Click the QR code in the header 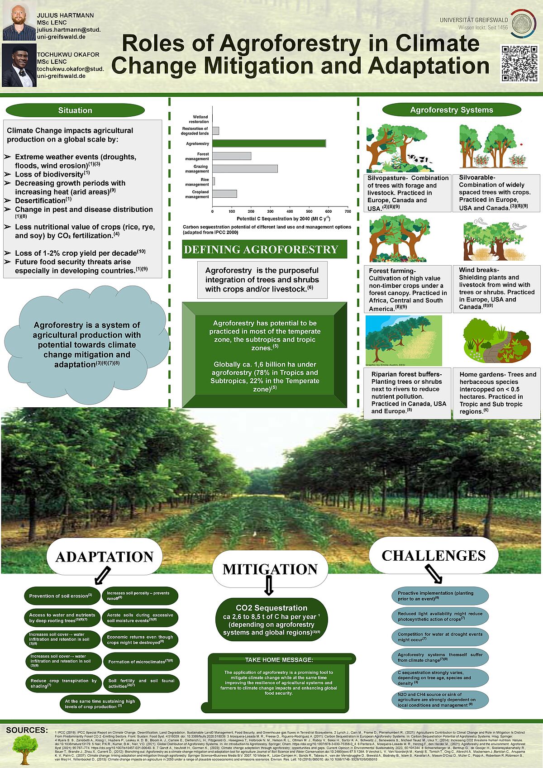519,63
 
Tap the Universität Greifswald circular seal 524,22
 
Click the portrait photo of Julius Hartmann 19,21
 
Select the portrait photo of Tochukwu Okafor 19,65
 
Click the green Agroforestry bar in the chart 269,143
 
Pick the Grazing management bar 245,168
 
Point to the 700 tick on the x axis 348,211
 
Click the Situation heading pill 75,110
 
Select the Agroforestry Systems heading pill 451,110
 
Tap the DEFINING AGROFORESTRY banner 264,249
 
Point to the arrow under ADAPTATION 102,576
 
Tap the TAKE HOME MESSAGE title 279,660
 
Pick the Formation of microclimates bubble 141,662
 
